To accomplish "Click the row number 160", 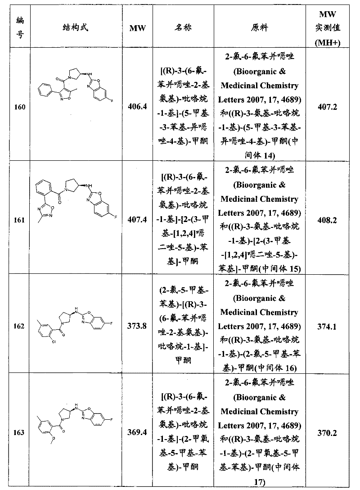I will [x=20, y=107].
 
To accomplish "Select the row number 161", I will [x=20, y=221].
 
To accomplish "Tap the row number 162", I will [x=20, y=327].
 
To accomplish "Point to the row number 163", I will [x=20, y=433].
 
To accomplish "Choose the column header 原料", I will [x=259, y=27].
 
